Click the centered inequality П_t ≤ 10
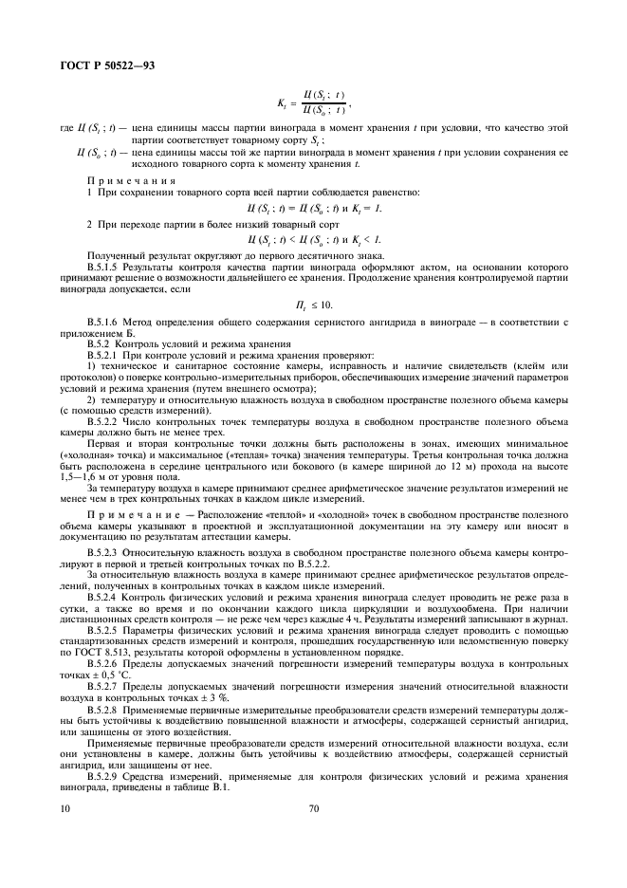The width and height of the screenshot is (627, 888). click(314, 304)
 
